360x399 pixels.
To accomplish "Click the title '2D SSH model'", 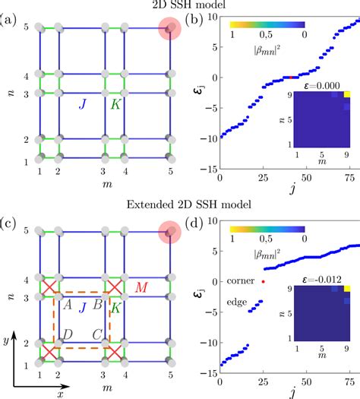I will tap(179, 6).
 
